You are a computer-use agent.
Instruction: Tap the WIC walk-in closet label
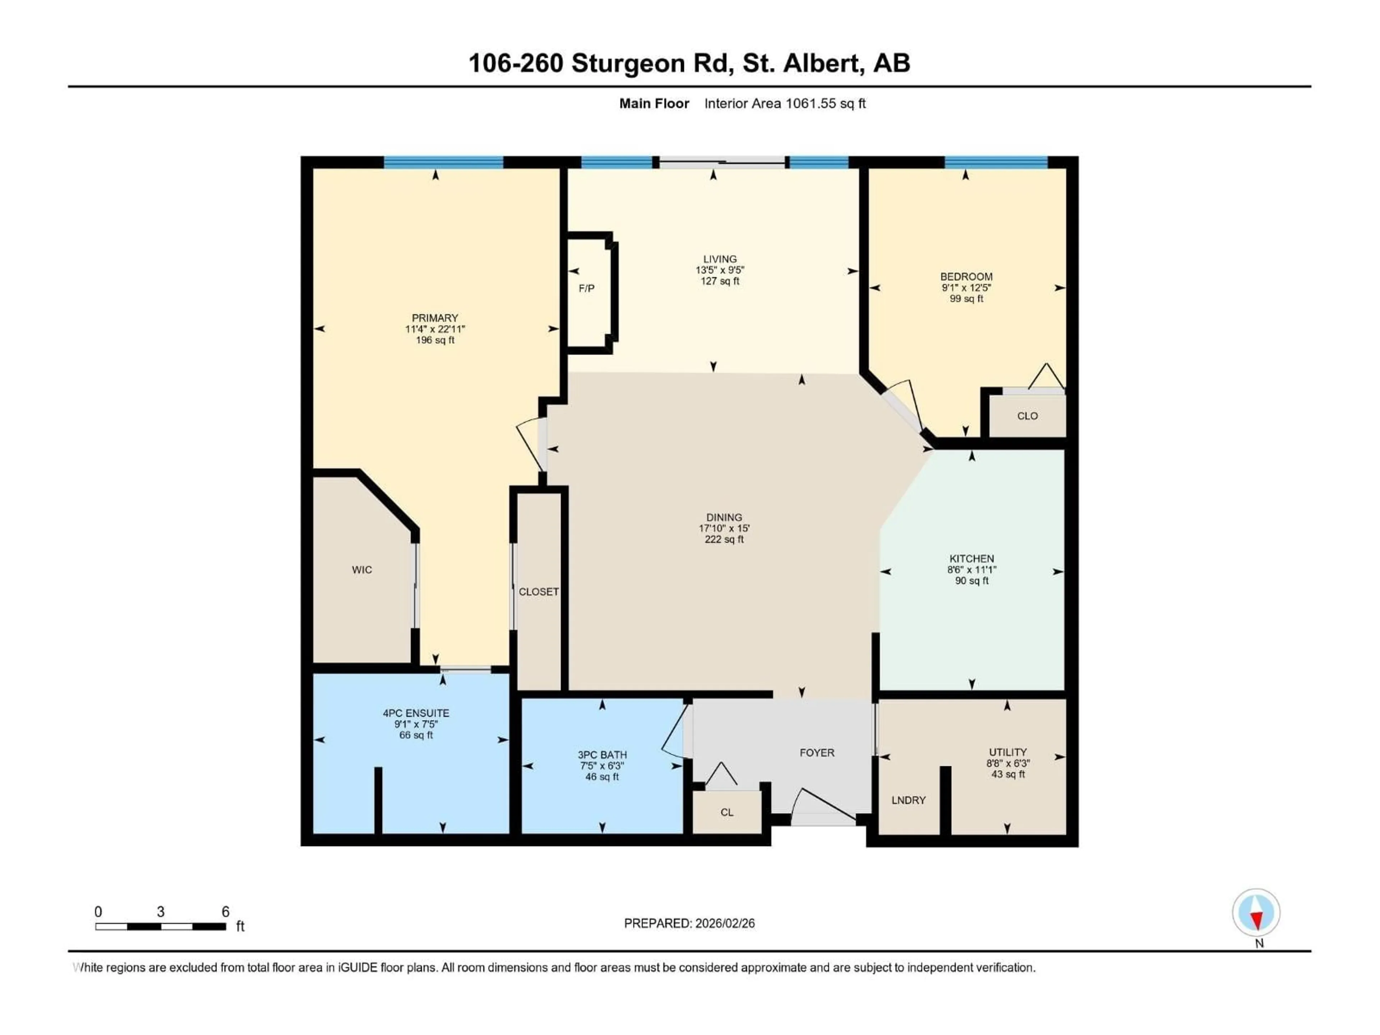click(362, 570)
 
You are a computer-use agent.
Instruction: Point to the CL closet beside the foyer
click(726, 812)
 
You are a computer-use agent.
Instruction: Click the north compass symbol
click(1256, 913)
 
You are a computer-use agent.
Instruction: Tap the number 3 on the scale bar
click(160, 911)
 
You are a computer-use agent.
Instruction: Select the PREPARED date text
click(689, 923)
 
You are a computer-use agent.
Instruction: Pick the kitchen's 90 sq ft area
click(971, 581)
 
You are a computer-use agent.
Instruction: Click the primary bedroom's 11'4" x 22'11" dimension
click(435, 329)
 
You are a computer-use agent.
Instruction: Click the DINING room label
click(724, 517)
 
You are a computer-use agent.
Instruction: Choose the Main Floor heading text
click(654, 103)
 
